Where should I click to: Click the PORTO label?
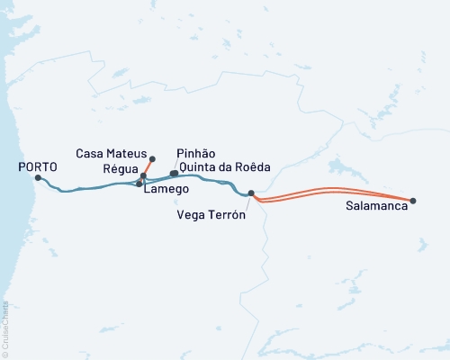click(37, 166)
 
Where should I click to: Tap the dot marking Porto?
click(37, 177)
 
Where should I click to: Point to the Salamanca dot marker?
click(413, 201)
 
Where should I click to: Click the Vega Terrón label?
click(212, 214)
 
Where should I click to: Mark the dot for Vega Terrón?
click(251, 193)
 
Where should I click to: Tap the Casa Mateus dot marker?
click(151, 159)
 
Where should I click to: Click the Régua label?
click(121, 169)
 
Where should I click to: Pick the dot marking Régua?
click(143, 175)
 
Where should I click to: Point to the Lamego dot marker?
click(139, 184)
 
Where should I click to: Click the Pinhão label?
click(197, 154)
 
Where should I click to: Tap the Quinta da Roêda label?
click(225, 166)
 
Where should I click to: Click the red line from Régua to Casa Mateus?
click(147, 167)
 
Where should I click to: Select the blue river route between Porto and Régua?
click(90, 188)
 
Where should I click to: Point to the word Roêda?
click(252, 166)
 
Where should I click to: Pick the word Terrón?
click(229, 214)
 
